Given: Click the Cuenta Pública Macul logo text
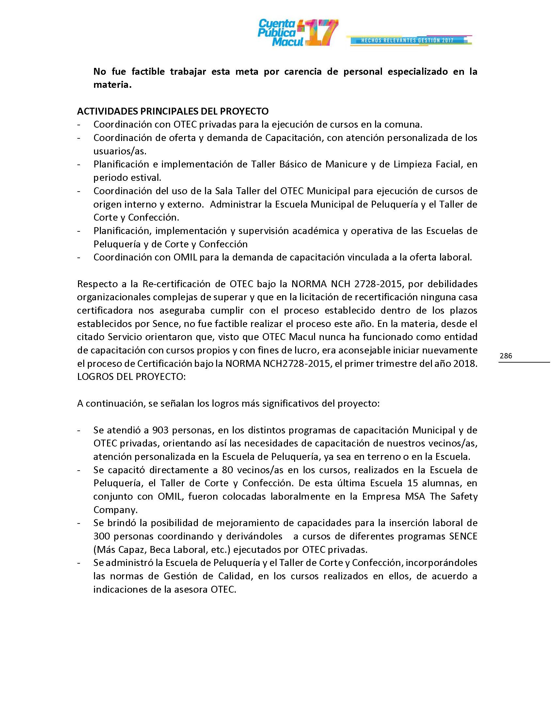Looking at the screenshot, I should click(x=277, y=33).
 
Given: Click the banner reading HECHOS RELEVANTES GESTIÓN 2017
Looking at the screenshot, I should click(x=407, y=40).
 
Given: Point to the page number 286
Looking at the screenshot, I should click(x=506, y=356).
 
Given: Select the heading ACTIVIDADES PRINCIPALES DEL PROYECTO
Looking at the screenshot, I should click(x=173, y=111).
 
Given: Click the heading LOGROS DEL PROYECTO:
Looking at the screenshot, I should click(x=132, y=377).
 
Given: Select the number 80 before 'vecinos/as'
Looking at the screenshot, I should click(x=228, y=470).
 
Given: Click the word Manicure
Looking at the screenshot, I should click(x=346, y=164).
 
